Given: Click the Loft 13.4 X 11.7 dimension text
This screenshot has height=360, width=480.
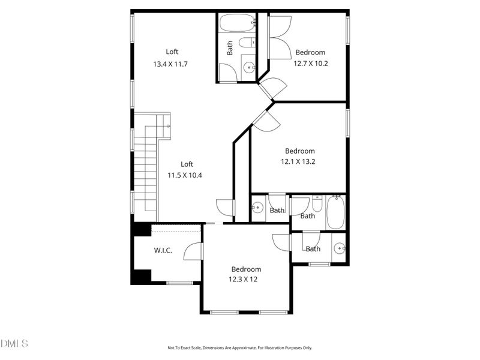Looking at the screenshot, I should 171,64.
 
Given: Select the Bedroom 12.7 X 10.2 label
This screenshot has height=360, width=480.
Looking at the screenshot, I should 310,62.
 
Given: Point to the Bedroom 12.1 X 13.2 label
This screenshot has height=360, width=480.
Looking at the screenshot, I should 299,161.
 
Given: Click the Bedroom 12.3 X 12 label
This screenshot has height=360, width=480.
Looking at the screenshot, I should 246,279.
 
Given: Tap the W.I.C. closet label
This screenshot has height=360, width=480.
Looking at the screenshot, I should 163,250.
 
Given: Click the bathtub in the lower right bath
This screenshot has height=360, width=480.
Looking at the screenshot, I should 335,214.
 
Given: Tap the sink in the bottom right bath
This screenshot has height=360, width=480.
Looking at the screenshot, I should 339,248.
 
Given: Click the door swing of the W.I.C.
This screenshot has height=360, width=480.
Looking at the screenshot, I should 193,250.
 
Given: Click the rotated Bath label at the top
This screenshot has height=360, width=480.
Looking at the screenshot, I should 230,48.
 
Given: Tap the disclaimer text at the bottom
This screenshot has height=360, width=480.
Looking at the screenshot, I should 240,347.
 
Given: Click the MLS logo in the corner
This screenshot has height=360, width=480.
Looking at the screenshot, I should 15,343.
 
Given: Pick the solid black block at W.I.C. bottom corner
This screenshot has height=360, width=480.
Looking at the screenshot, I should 142,277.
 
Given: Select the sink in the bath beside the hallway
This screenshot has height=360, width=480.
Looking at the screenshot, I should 257,208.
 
